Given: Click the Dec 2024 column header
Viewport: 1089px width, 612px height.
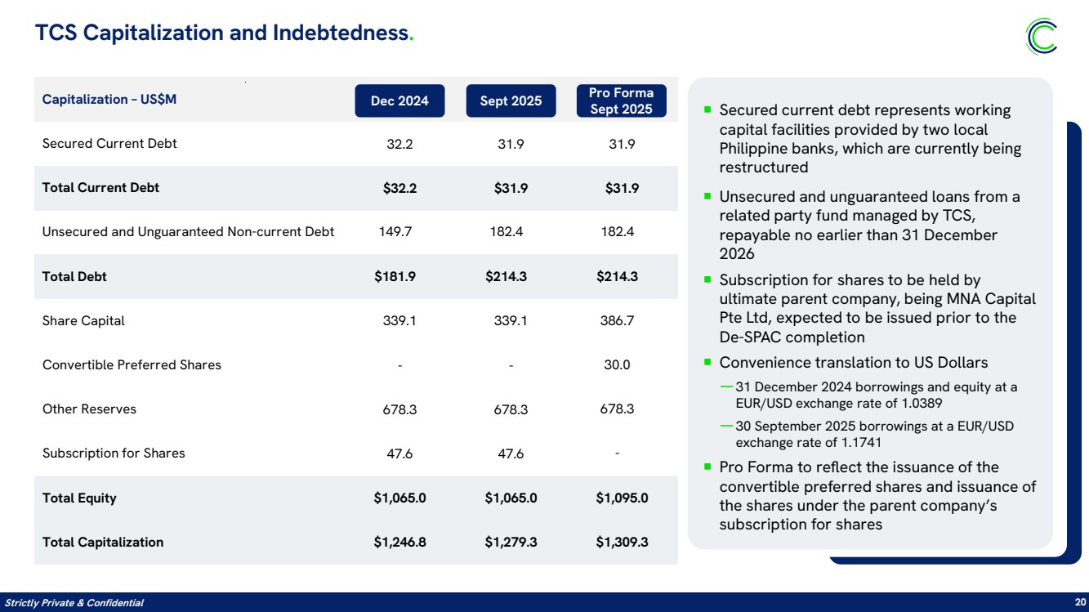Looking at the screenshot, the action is tap(399, 101).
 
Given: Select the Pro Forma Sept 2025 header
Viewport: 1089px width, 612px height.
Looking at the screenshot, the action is tap(622, 101).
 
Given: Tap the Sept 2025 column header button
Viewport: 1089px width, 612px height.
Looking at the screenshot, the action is tap(511, 101).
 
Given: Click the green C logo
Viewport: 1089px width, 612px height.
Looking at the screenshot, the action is tap(1042, 37).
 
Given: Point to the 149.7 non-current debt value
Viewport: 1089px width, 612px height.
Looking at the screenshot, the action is tap(395, 232).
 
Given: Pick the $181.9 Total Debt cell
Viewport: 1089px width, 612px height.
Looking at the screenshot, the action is tap(395, 277).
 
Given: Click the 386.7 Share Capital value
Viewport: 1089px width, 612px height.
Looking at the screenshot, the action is tap(617, 321).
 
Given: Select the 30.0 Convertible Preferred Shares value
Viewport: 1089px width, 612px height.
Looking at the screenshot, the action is tap(617, 364).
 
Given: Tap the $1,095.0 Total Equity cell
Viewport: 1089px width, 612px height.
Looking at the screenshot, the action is tap(622, 498).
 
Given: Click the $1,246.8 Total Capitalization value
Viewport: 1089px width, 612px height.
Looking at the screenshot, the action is tap(399, 542).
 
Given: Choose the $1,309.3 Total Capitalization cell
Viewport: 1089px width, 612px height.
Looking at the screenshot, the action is tap(622, 542).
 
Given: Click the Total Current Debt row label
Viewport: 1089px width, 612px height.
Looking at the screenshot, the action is tap(100, 188).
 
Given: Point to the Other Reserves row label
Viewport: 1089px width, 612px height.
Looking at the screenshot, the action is tap(89, 409).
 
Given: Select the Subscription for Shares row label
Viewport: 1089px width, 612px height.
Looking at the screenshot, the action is tap(114, 453).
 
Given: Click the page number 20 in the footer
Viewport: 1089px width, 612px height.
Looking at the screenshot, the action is tap(1080, 602).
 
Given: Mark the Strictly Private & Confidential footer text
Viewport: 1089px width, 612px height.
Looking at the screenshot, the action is tap(74, 603).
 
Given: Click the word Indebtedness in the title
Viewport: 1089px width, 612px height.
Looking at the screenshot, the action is tap(341, 33).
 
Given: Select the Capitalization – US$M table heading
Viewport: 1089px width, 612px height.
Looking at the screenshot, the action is tap(109, 99).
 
